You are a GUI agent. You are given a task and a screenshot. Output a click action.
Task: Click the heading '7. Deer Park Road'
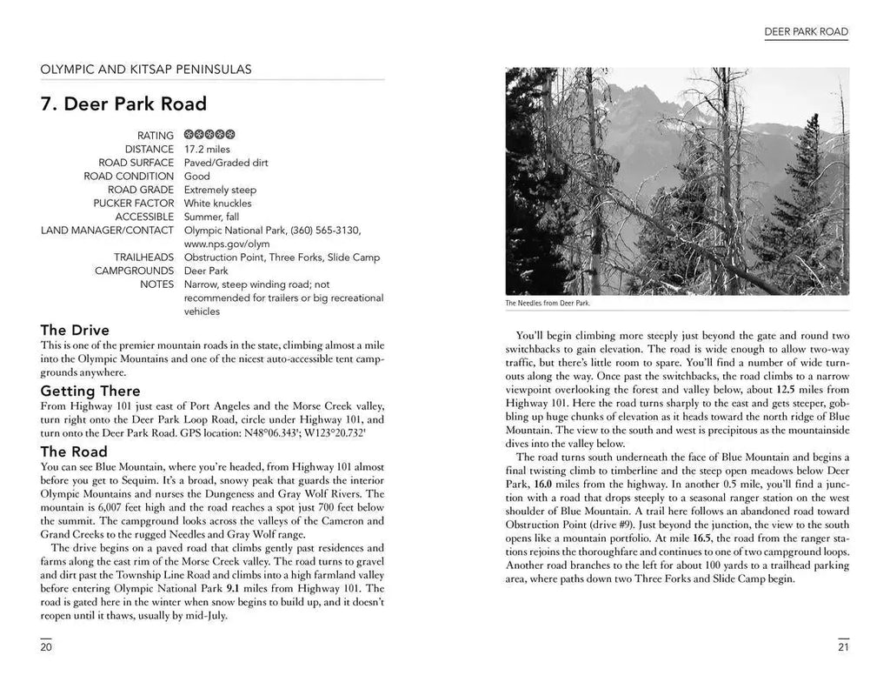[123, 104]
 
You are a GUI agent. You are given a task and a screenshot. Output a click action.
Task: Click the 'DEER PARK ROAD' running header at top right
[806, 32]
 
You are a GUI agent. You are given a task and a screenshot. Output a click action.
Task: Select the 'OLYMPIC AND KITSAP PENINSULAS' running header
[146, 69]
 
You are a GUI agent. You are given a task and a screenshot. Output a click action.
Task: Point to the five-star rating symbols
[209, 136]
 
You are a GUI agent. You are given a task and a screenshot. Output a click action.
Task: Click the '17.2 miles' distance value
[207, 150]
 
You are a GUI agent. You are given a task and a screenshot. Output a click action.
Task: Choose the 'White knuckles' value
[218, 204]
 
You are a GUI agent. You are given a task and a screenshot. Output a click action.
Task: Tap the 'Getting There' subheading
[90, 391]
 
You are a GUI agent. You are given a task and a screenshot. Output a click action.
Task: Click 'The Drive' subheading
[75, 330]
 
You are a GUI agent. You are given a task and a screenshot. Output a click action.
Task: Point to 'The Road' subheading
[74, 452]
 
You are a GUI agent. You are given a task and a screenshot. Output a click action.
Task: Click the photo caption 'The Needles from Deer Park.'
[547, 304]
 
